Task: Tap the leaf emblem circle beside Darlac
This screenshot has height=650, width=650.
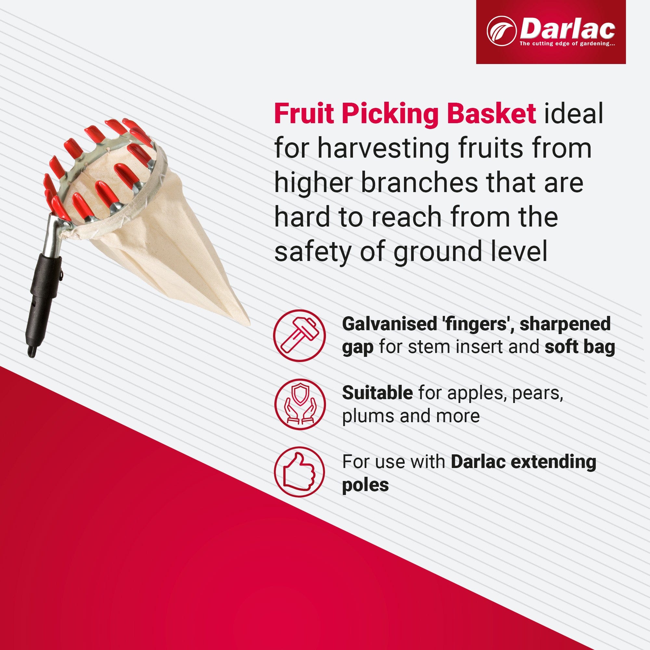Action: [x=501, y=31]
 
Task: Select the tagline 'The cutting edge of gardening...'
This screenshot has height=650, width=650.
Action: [x=567, y=44]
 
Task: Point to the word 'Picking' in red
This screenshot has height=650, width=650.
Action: [x=390, y=114]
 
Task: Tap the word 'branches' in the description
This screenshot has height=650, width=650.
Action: [x=419, y=183]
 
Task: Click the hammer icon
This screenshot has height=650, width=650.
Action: [x=299, y=335]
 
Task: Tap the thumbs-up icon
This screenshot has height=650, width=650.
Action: [x=299, y=472]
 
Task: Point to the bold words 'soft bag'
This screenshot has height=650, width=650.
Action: [x=579, y=347]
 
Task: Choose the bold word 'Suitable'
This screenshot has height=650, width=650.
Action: [x=377, y=393]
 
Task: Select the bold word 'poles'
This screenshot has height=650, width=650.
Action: [x=365, y=485]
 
